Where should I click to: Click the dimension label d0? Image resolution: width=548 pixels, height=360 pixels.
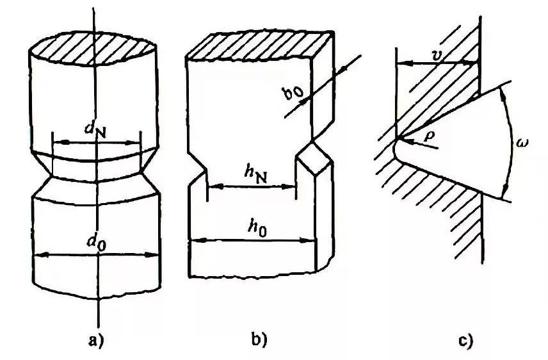[98, 243]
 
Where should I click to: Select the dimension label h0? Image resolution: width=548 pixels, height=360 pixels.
[255, 228]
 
